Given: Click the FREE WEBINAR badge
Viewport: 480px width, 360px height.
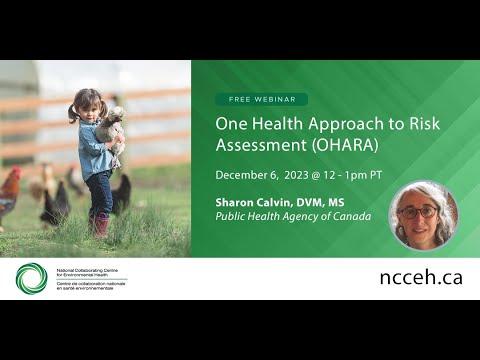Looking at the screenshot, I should (x=261, y=99).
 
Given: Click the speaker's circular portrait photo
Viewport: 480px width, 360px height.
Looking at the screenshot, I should (x=423, y=215).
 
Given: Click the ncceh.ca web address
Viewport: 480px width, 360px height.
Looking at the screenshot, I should (x=420, y=278).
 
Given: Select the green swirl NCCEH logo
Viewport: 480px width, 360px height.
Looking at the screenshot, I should (x=31, y=278).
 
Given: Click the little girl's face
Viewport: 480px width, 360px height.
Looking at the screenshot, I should (x=89, y=105).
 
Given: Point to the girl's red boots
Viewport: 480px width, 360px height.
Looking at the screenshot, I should (x=99, y=225).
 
